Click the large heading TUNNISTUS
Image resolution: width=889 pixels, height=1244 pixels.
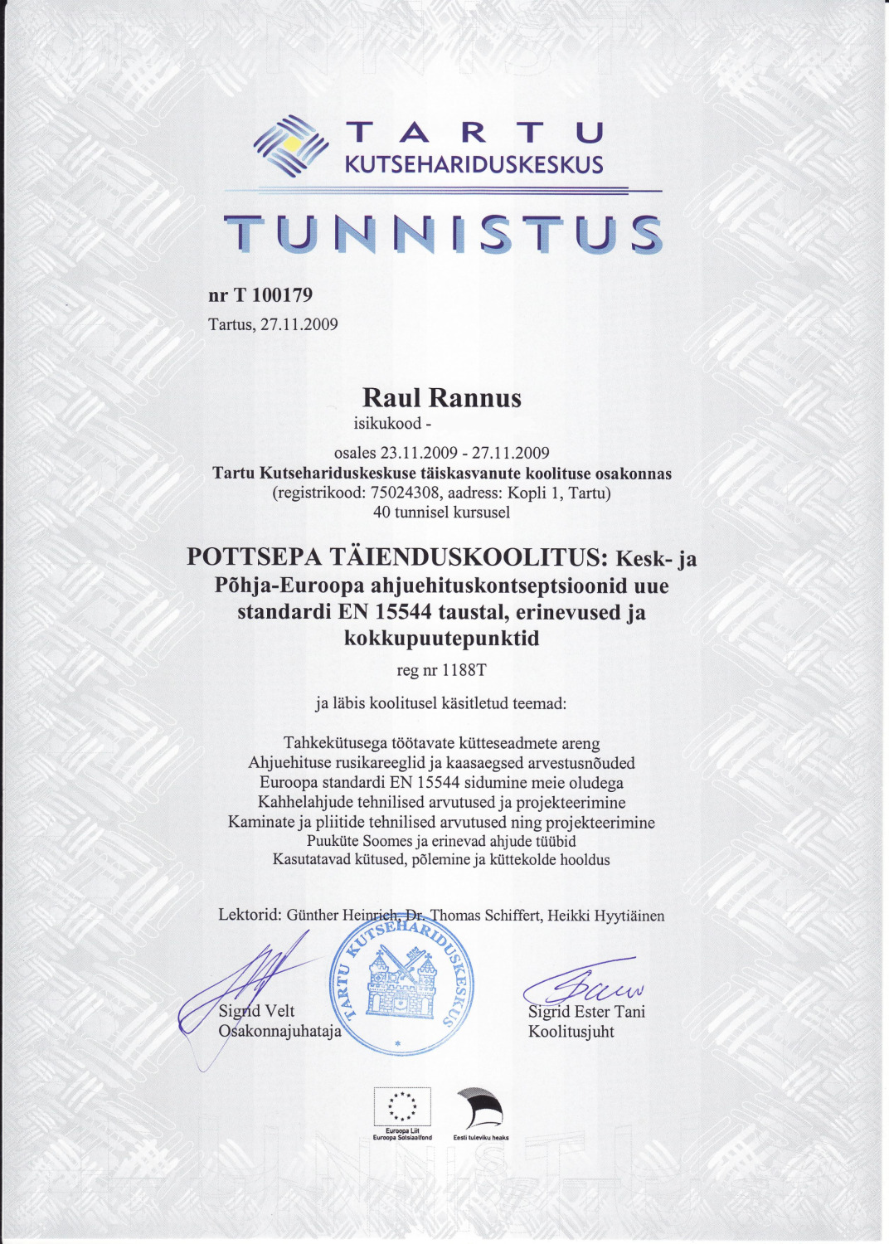[x=443, y=234]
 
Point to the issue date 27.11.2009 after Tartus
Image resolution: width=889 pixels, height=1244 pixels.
[x=299, y=324]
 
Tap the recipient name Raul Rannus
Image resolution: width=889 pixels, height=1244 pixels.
[x=441, y=398]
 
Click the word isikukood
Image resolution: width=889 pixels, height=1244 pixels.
[x=387, y=424]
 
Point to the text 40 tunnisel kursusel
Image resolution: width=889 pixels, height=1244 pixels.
[x=441, y=513]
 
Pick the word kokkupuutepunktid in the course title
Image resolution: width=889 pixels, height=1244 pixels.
[x=441, y=639]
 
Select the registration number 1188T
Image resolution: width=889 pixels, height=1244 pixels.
[x=464, y=670]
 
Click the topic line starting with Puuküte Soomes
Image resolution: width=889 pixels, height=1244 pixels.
[x=441, y=841]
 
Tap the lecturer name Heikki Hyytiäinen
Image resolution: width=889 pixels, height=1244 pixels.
[x=605, y=916]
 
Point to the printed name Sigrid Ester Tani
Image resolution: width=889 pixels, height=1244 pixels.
[x=586, y=1012]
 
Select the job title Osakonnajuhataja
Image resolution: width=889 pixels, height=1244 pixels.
[x=279, y=1032]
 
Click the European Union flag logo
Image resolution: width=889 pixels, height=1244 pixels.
[x=402, y=1107]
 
